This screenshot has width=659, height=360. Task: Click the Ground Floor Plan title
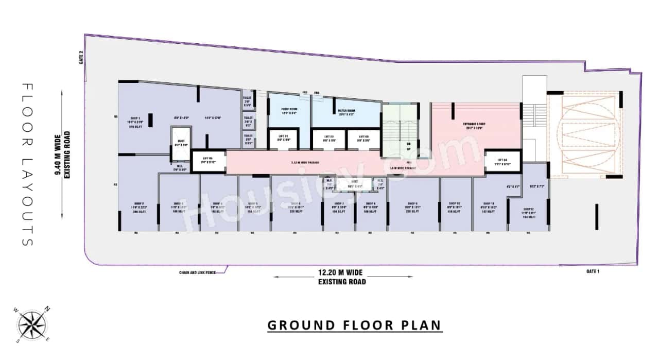point(354,325)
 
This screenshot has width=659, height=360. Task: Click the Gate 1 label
point(593,271)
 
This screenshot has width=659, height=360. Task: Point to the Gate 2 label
point(81,60)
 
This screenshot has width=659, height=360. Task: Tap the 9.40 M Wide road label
point(63,154)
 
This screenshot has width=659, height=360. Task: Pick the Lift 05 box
point(208,160)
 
